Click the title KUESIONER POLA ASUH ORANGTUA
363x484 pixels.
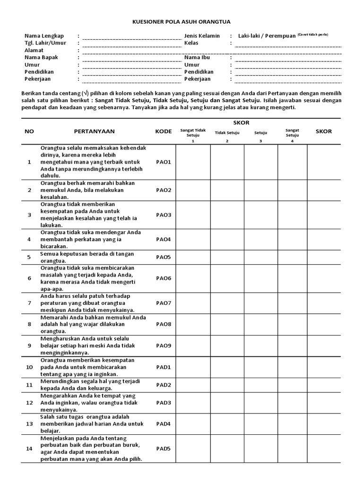[x=181, y=22]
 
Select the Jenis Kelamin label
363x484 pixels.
[x=202, y=36]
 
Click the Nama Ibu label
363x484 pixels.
[x=197, y=58]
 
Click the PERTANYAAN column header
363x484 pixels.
[x=94, y=131]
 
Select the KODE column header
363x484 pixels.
[x=164, y=131]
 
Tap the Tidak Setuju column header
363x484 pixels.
[x=227, y=133]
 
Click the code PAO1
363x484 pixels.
[x=164, y=162]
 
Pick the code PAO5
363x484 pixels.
[x=164, y=257]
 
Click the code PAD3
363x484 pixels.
[x=164, y=403]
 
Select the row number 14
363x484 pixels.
[x=29, y=449]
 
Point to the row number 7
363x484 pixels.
[x=29, y=302]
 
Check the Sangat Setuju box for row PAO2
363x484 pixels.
[x=292, y=190]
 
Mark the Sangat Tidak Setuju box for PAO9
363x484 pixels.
[x=193, y=346]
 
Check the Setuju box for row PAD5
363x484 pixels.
[x=260, y=449]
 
